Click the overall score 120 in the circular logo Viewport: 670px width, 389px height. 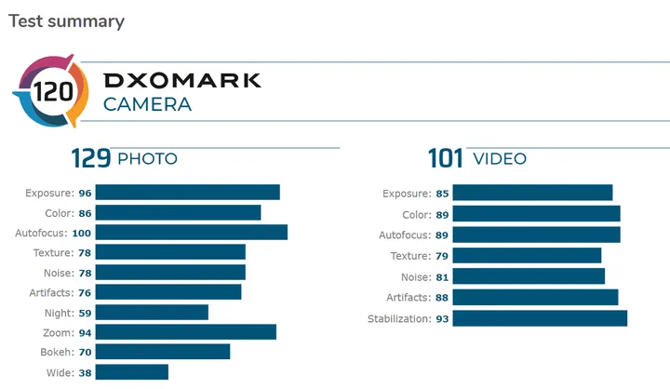click(x=50, y=92)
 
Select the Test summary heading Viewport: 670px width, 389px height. click(x=66, y=21)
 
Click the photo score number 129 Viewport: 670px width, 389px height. click(x=91, y=158)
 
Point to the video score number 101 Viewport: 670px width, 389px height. click(x=446, y=158)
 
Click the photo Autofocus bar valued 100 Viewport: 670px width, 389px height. click(x=191, y=232)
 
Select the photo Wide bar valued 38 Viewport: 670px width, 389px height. click(x=131, y=371)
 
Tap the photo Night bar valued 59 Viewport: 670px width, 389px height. click(x=152, y=312)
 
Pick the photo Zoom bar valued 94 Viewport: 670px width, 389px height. click(x=185, y=331)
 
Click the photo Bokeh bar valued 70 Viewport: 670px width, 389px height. click(x=162, y=352)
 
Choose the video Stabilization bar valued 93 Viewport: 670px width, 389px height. click(x=539, y=318)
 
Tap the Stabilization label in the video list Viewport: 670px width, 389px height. click(x=399, y=318)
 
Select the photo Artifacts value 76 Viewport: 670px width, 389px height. click(x=84, y=292)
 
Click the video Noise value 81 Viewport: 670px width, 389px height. click(x=442, y=276)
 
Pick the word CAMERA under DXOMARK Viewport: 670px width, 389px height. click(x=147, y=104)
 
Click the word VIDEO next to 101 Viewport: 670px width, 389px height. click(x=500, y=159)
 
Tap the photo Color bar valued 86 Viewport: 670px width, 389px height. click(x=178, y=212)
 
